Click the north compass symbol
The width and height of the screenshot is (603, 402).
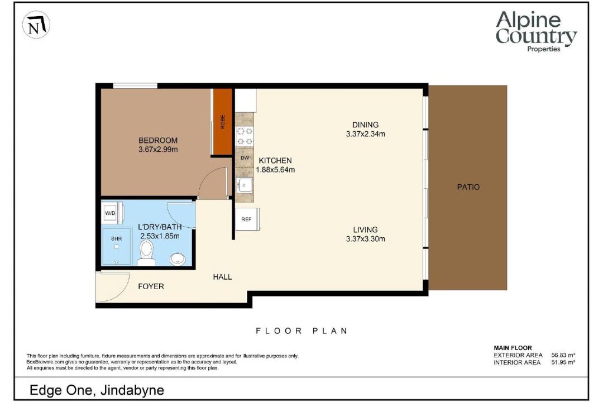pos(36,25)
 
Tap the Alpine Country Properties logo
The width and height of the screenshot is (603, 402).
pos(536,31)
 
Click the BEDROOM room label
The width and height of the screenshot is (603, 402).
pos(158,140)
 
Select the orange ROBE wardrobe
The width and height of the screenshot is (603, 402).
pos(223,122)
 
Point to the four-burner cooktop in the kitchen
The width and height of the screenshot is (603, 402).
pos(245,136)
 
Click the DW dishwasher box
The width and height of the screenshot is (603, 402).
pos(245,157)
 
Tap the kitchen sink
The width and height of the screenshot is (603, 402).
pos(244,185)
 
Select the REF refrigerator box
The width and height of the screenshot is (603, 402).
pos(247,219)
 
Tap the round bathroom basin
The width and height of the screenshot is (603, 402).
pos(178,259)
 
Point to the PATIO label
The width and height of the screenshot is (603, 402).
pos(468,188)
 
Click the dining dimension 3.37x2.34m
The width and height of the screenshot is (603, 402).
pos(365,134)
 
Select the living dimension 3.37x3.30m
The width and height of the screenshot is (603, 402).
pos(365,239)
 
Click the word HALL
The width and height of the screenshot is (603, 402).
pos(222,277)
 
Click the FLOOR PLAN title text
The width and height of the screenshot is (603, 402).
pos(302,331)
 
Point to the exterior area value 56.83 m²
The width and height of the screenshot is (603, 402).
pos(563,356)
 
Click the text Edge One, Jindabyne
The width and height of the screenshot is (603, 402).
pos(97,390)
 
